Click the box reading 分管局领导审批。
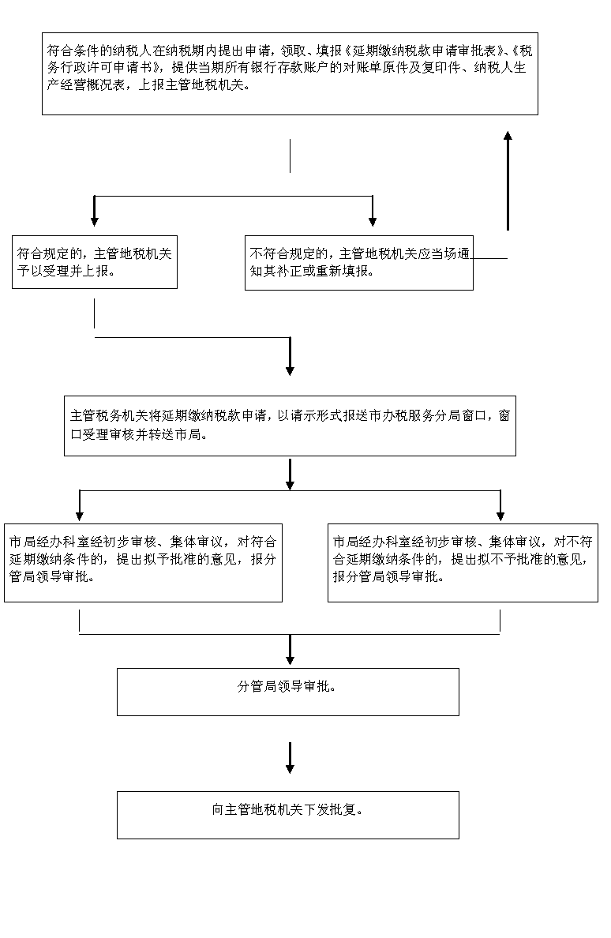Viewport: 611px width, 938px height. pos(287,692)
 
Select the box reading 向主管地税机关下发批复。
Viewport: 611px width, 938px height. pos(287,815)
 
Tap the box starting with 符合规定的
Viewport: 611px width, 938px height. pos(95,262)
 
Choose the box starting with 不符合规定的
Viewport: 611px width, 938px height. pos(358,263)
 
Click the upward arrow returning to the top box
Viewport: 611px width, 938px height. pos(508,181)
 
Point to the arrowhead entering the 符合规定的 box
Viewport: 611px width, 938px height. pos(95,221)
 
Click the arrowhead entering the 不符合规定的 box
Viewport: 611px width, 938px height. pos(373,221)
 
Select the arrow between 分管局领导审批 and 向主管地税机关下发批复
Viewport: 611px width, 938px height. pos(290,758)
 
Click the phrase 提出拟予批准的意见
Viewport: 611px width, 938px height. pos(178,559)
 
